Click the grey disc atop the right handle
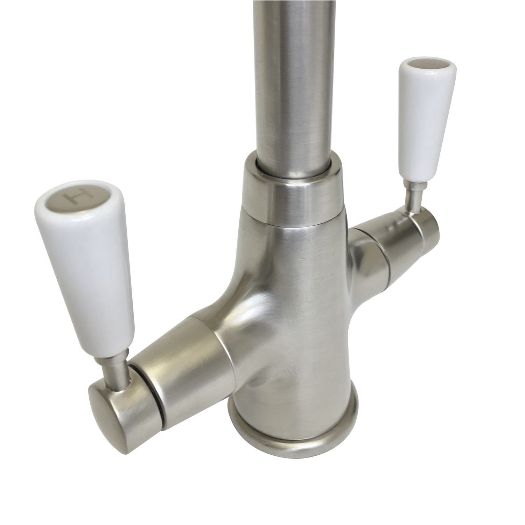(x=418, y=65)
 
